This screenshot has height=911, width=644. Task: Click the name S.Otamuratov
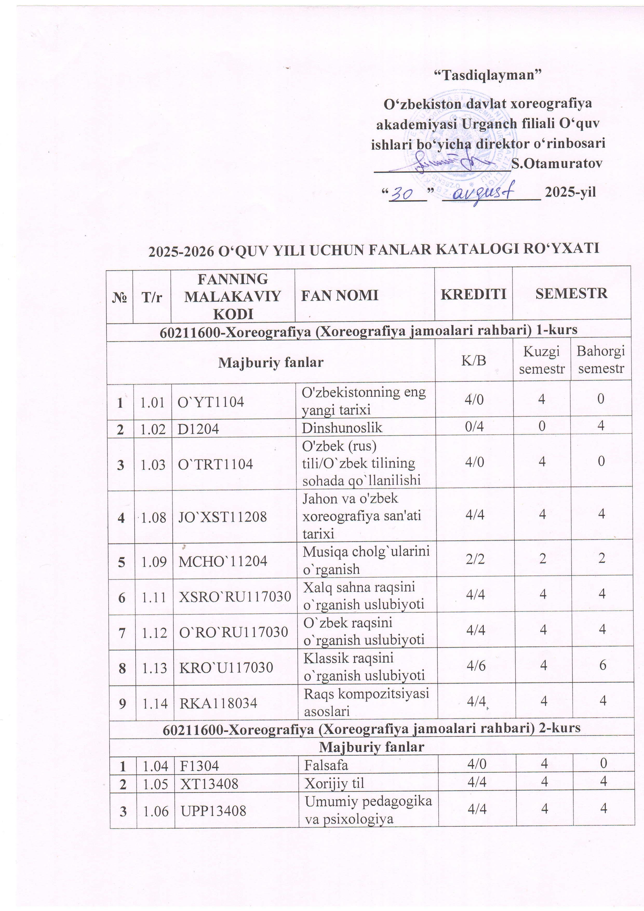(x=557, y=163)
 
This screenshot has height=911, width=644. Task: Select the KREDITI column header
(x=473, y=294)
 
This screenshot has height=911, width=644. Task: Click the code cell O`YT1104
(x=210, y=402)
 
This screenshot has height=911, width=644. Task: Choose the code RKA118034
(x=218, y=704)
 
